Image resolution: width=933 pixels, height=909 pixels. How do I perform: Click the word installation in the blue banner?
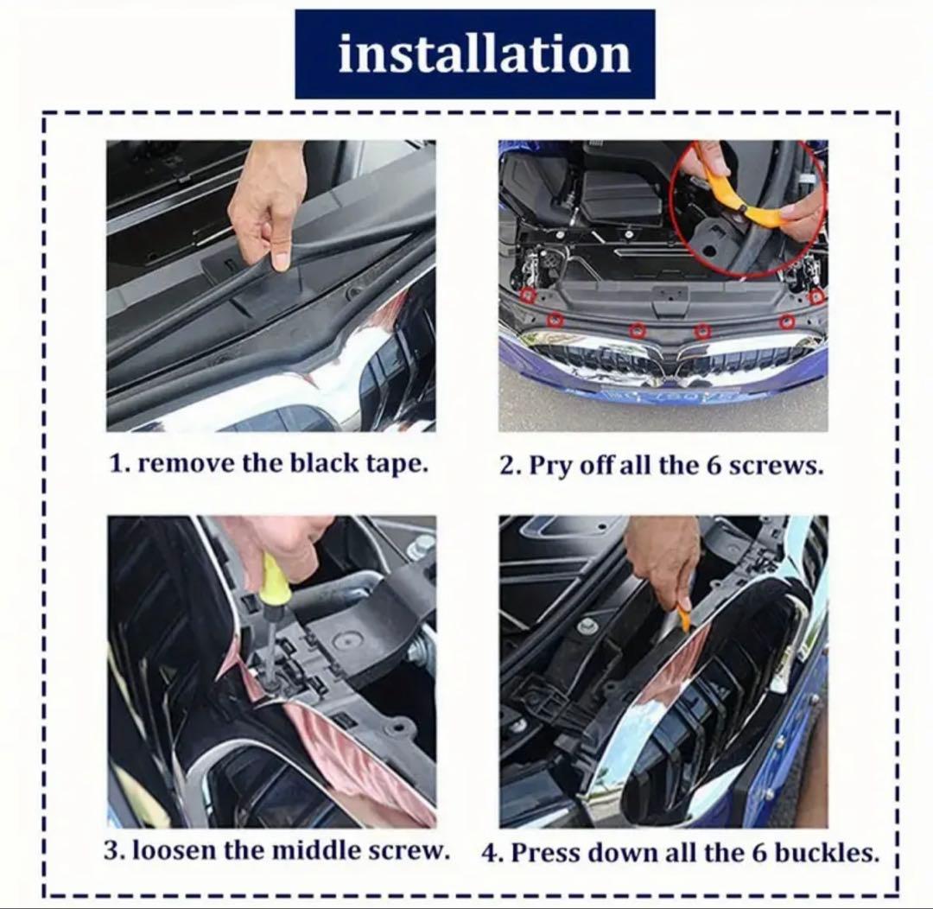tap(485, 54)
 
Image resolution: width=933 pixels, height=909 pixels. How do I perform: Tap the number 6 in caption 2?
tap(714, 465)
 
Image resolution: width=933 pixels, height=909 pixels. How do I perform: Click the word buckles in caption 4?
tap(827, 852)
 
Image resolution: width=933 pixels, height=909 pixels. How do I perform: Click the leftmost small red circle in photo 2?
tap(528, 295)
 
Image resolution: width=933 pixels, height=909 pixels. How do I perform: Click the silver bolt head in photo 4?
tap(588, 625)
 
